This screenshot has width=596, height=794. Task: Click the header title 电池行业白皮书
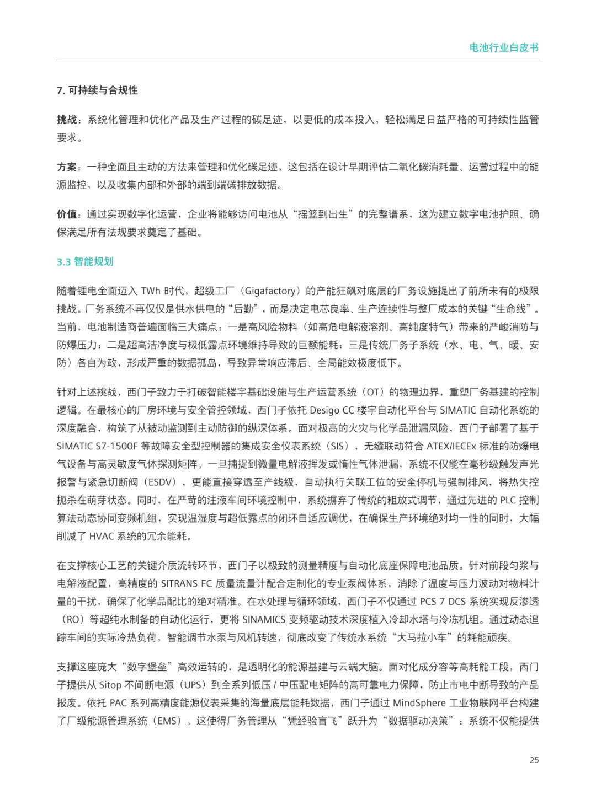[x=504, y=47]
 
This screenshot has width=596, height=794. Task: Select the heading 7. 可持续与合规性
[x=97, y=90]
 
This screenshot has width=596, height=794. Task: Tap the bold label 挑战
[x=67, y=120]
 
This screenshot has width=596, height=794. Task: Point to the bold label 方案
[x=67, y=167]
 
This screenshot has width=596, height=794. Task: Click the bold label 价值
[x=67, y=214]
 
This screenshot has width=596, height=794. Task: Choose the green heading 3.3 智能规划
[x=85, y=262]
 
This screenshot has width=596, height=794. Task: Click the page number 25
[x=534, y=760]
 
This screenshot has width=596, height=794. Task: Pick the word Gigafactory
[x=270, y=291]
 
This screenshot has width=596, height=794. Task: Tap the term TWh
[x=150, y=291]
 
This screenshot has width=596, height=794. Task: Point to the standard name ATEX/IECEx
[x=453, y=446]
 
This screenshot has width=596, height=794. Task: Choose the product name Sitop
[x=110, y=685]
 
